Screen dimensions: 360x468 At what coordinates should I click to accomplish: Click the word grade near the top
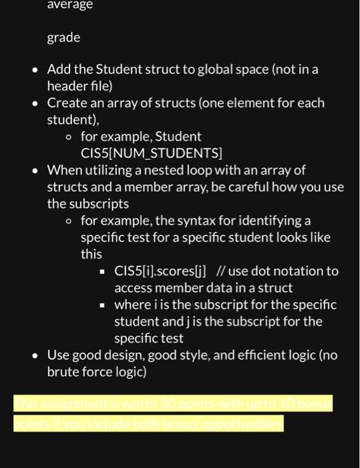coord(63,37)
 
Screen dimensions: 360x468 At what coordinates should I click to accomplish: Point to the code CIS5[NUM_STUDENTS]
coord(151,153)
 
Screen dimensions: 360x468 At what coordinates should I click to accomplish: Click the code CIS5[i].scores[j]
coord(160,271)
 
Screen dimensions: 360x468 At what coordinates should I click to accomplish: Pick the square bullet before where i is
coord(103,306)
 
